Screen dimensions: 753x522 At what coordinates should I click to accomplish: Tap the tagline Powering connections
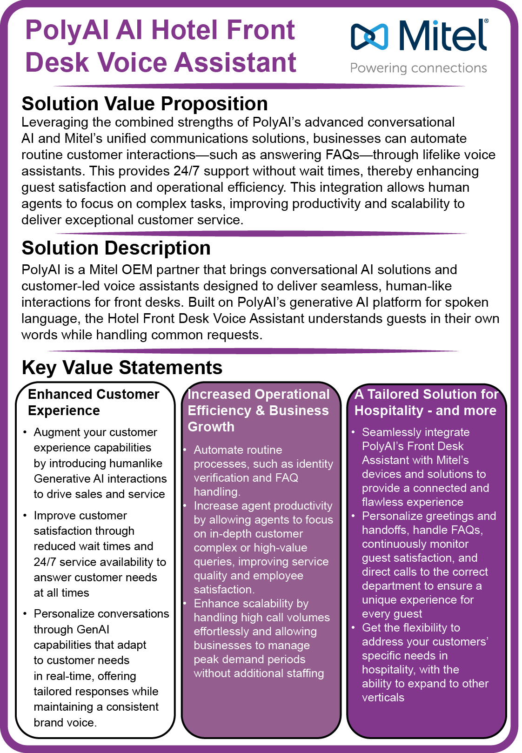(418, 68)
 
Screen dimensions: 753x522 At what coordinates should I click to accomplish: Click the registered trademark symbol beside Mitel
(486, 21)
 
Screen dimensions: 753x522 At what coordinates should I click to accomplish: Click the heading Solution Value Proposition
(145, 104)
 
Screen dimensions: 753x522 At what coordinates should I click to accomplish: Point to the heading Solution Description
(116, 248)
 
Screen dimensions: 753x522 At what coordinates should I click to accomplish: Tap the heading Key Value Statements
(122, 368)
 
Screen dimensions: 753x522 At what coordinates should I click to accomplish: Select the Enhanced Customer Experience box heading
(94, 402)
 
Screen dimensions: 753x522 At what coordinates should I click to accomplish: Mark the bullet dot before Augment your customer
(25, 433)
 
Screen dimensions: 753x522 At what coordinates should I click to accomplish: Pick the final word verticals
(383, 698)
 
